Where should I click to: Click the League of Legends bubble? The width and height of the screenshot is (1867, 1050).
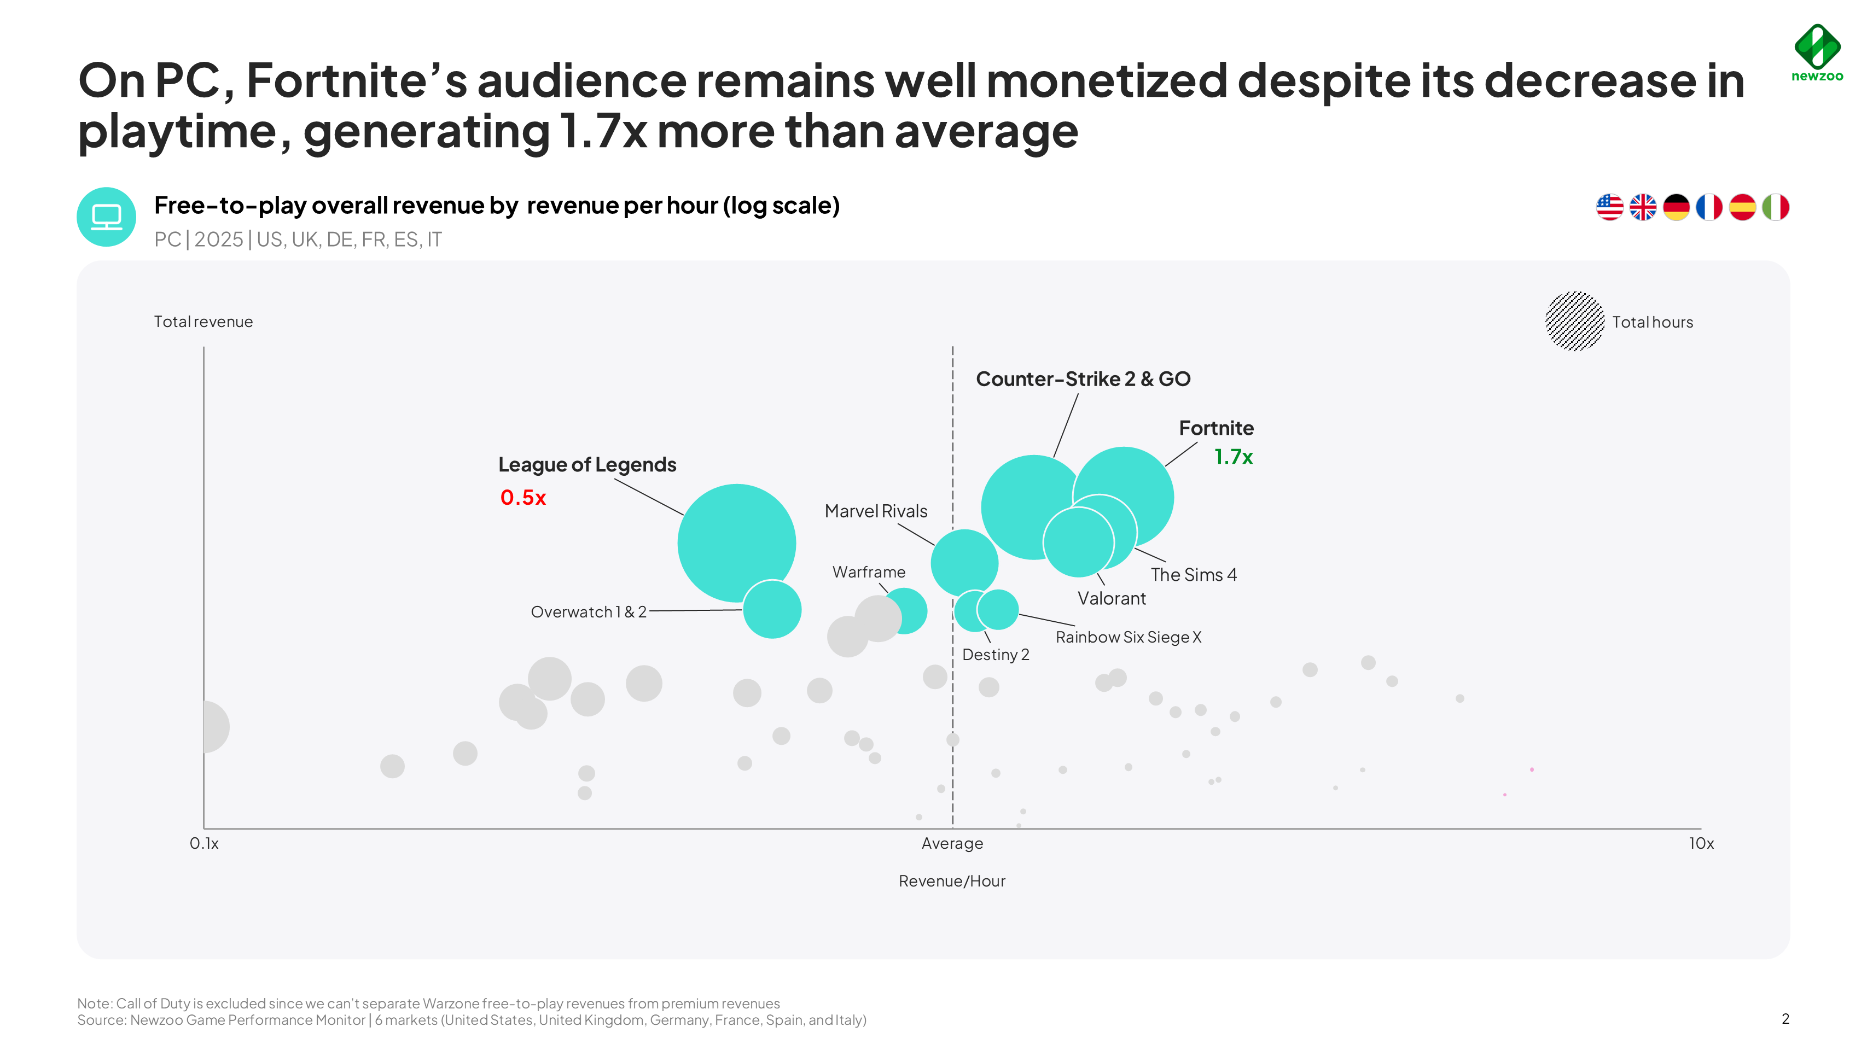729,536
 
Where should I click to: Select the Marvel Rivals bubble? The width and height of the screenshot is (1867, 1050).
964,562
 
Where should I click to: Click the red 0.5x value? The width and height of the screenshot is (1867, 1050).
522,498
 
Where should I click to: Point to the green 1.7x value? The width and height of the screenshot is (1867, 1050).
1233,457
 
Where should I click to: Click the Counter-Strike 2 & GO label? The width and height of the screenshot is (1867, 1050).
1083,379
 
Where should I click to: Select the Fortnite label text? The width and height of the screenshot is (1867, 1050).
1215,428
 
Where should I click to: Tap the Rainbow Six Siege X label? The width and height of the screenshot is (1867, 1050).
1128,637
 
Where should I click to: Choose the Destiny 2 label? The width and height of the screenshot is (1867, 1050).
995,655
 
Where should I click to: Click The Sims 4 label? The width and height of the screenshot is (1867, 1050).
1193,575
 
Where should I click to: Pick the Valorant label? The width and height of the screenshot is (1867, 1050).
1111,598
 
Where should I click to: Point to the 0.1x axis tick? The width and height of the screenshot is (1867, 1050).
203,843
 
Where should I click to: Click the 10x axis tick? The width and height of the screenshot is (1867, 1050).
1700,843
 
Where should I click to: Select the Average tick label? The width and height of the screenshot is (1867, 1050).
952,843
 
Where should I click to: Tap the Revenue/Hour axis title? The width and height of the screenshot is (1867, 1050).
952,881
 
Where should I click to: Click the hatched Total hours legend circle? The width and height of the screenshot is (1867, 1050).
1574,321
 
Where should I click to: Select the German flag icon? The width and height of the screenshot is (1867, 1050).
1676,207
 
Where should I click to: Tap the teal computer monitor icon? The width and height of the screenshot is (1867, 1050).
107,217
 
